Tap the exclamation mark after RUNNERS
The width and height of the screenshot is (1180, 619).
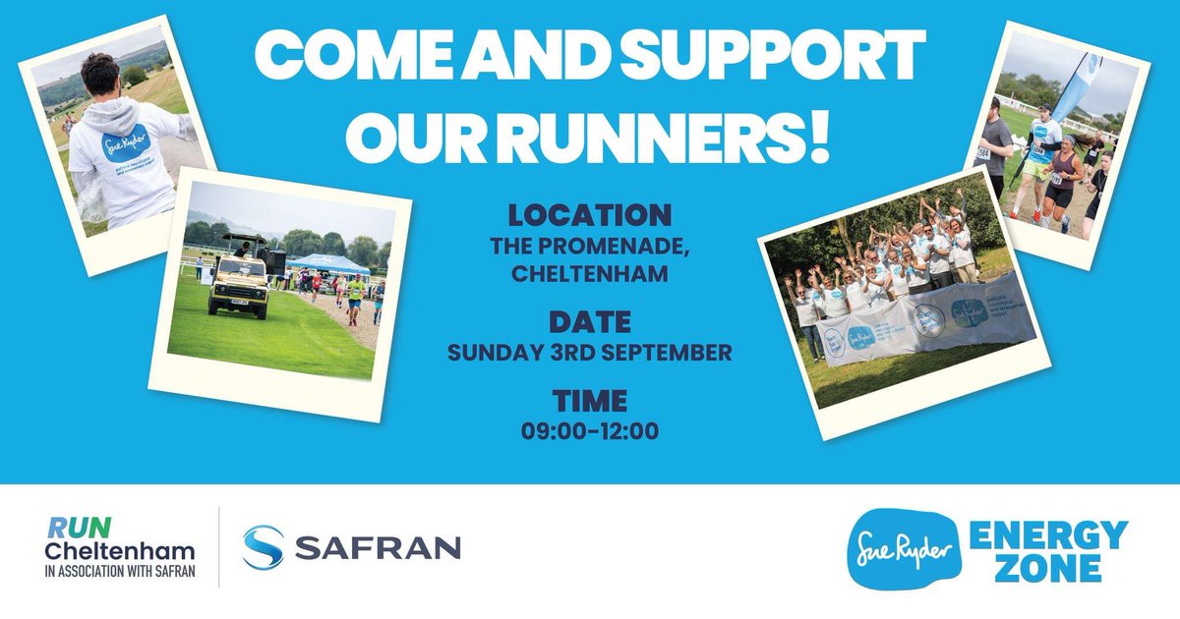pyautogui.click(x=817, y=138)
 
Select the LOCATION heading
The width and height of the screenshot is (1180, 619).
pyautogui.click(x=589, y=214)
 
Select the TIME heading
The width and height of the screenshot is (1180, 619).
pyautogui.click(x=589, y=401)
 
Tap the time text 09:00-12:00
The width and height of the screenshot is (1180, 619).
pyautogui.click(x=589, y=430)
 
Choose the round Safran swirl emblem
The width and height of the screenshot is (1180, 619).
pyautogui.click(x=264, y=547)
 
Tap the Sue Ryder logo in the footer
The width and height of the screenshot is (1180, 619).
pyautogui.click(x=893, y=550)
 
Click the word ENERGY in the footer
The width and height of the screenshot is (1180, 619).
pyautogui.click(x=1048, y=536)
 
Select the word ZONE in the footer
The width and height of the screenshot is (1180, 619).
pyautogui.click(x=1048, y=569)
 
